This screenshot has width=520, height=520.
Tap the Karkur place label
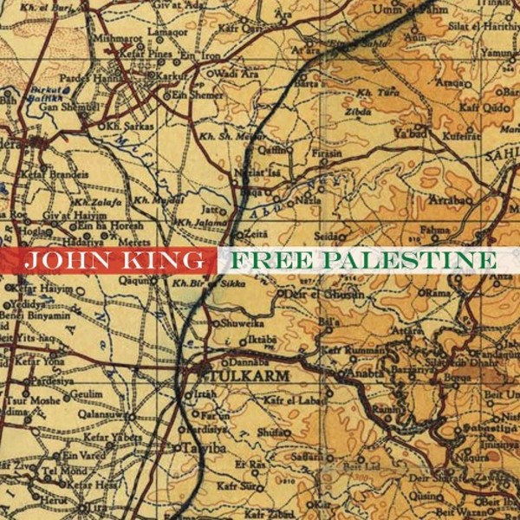click(x=181, y=75)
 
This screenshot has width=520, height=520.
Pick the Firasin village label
click(x=327, y=153)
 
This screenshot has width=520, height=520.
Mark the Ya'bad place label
click(x=406, y=134)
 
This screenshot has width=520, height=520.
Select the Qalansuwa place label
click(x=96, y=414)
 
